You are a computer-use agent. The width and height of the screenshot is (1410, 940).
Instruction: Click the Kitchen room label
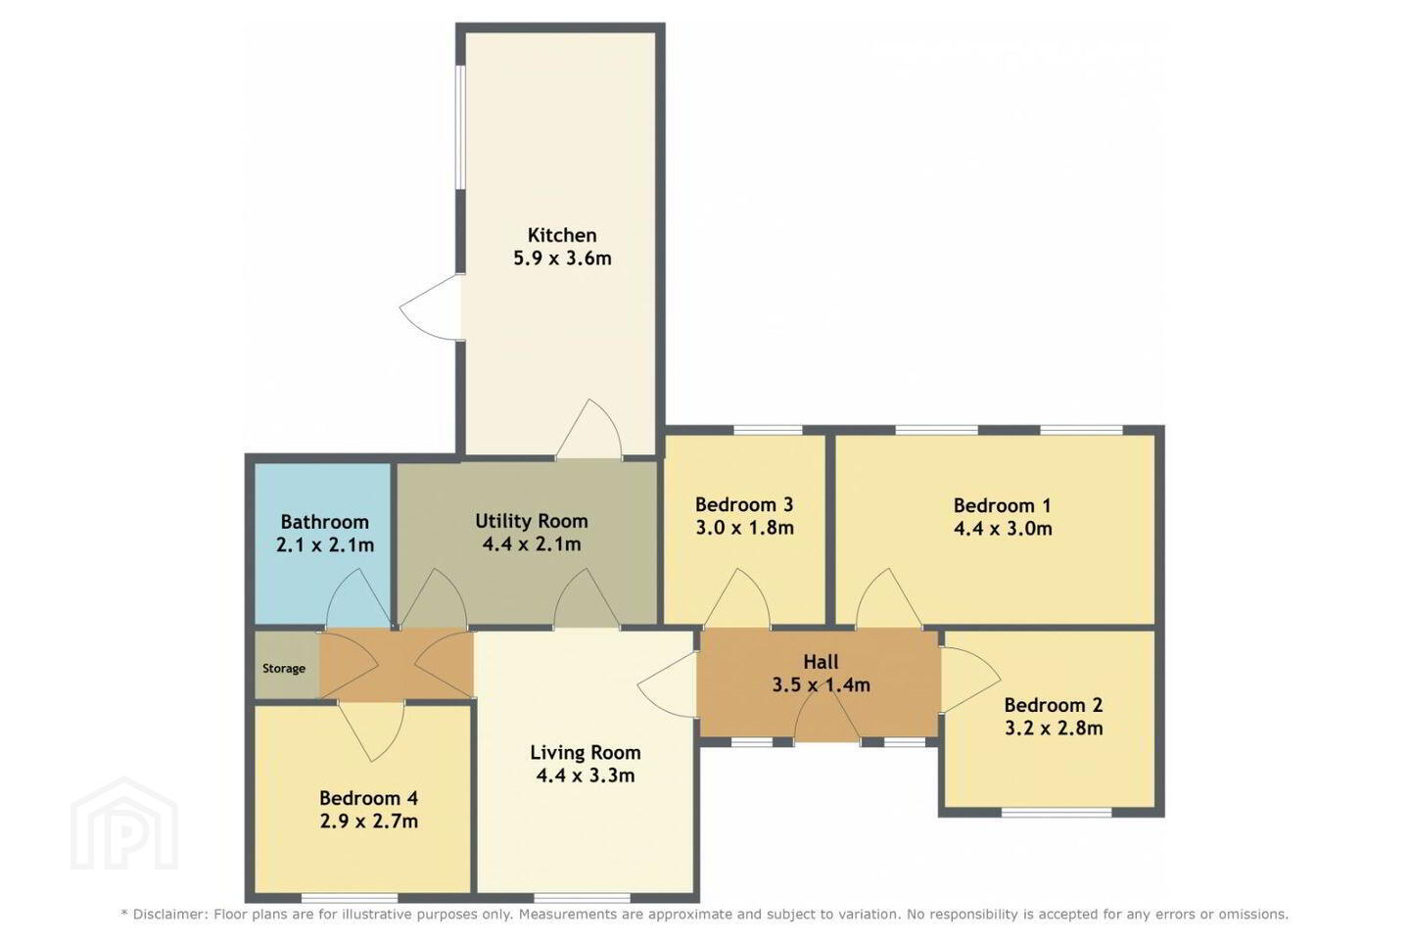[x=562, y=235]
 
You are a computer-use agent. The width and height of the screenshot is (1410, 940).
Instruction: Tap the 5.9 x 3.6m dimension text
[x=562, y=258]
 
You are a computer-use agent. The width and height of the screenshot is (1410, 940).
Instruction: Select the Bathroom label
[x=325, y=522]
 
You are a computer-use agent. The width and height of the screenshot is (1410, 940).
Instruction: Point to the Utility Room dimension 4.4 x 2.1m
[x=532, y=544]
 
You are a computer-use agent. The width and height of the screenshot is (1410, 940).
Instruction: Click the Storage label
[x=284, y=669]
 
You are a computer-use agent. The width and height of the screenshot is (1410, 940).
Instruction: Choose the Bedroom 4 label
[x=369, y=798]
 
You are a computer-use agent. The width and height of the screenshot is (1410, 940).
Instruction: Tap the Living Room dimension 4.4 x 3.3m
[x=586, y=775]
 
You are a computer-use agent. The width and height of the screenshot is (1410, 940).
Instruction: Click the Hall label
[x=821, y=662]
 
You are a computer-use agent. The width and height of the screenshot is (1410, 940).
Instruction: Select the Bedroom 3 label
[x=744, y=504]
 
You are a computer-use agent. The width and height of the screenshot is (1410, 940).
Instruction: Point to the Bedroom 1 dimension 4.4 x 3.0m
[x=1003, y=528]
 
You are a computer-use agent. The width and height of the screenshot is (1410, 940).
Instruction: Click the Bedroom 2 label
[x=1054, y=705]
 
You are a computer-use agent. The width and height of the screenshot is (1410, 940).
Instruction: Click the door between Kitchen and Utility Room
[x=588, y=429]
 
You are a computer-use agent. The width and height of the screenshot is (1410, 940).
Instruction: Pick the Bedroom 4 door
[x=371, y=731]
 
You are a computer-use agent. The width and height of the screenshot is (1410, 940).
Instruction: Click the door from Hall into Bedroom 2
[x=970, y=680]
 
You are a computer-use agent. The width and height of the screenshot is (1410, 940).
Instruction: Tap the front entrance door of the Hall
[x=827, y=719]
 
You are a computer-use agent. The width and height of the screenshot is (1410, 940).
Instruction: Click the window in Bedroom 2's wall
[x=1057, y=812]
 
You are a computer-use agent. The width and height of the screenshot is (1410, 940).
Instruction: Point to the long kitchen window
[x=461, y=128]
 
